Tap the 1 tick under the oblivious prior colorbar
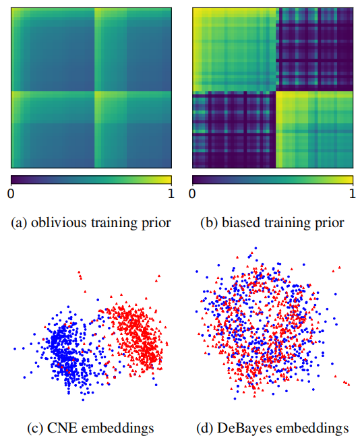tap(170, 194)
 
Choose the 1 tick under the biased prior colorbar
tap(351, 194)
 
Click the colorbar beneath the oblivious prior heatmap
tap(91, 180)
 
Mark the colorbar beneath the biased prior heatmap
tap(272, 180)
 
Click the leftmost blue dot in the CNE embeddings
tap(15, 349)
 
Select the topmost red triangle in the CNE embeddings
tap(78, 272)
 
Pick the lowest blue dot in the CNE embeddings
tap(83, 400)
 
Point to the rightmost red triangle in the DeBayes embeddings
tap(349, 384)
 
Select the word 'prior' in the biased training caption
tap(330, 223)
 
